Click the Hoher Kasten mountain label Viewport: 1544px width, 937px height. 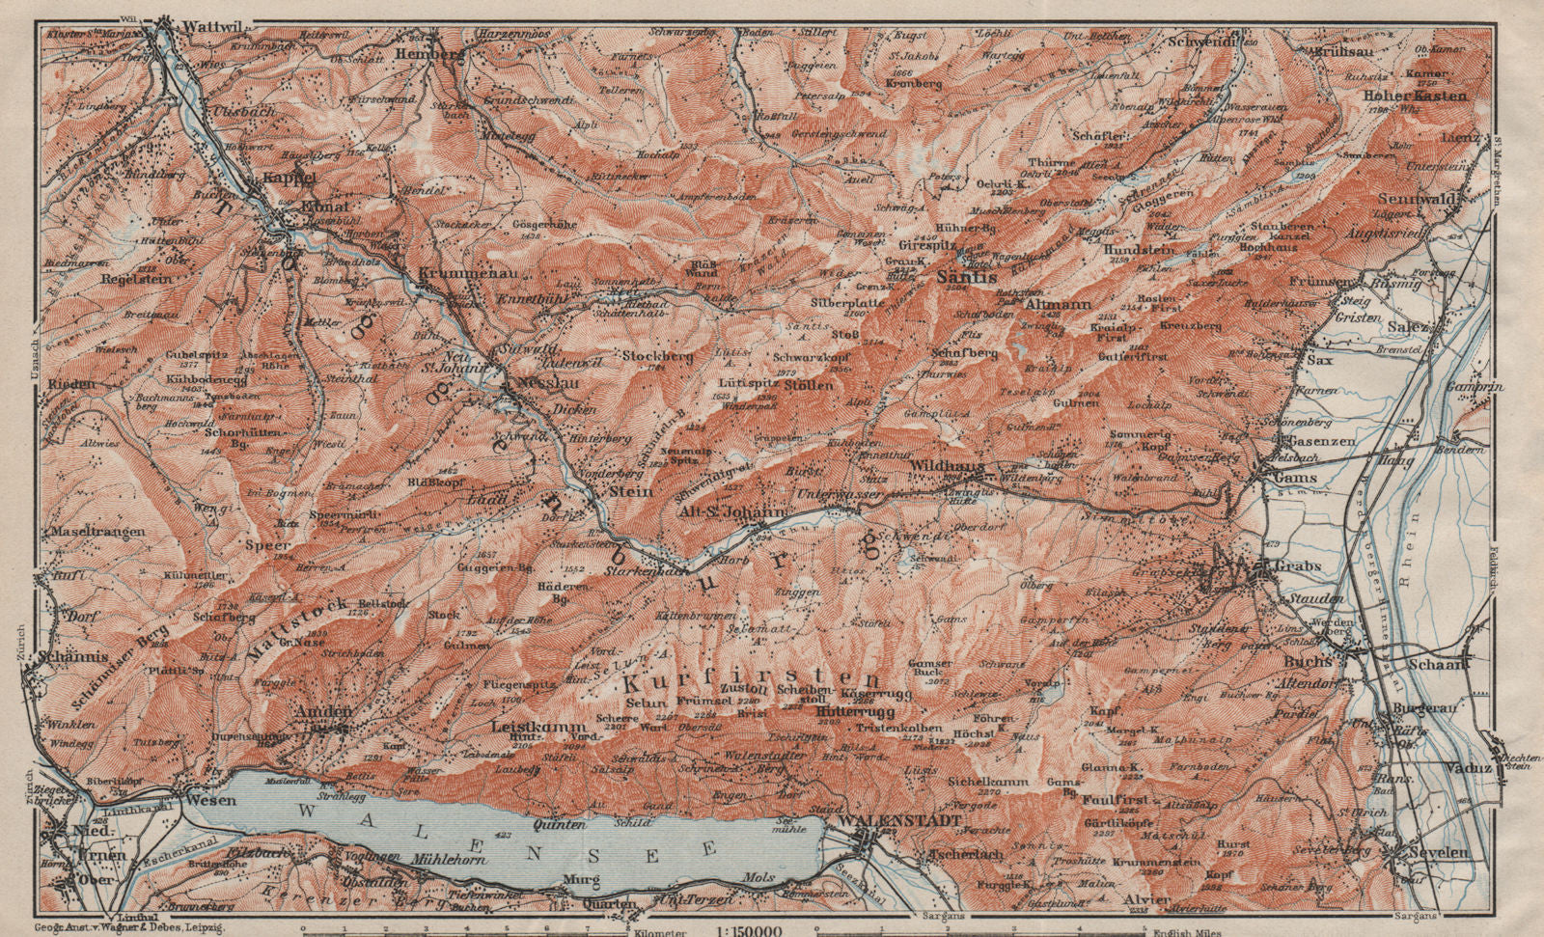[x=1415, y=96]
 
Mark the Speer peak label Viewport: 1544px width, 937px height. [x=270, y=544]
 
